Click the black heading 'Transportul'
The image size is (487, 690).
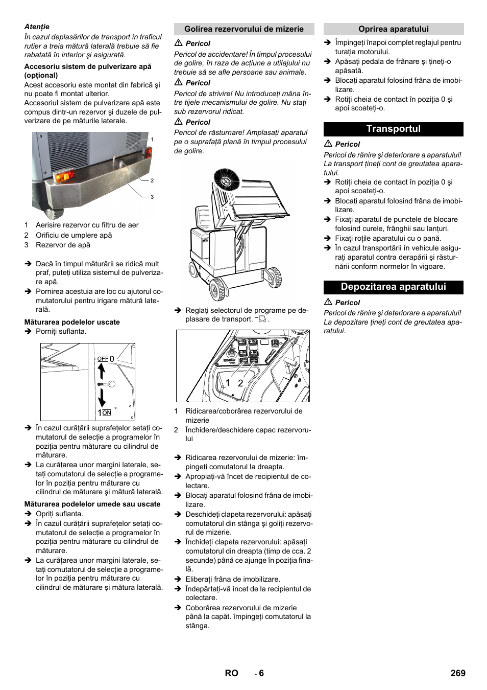point(393,129)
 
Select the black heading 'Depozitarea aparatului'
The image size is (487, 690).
point(393,287)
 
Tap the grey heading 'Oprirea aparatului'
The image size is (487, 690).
point(393,29)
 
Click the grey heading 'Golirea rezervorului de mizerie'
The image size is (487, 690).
point(243,29)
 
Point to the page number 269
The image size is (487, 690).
point(457,673)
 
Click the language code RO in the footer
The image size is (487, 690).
point(231,673)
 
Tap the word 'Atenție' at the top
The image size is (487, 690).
point(37,27)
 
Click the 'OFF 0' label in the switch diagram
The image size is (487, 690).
point(106,359)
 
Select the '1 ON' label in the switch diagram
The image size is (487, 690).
point(105,412)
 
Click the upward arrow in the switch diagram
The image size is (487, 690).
point(102,371)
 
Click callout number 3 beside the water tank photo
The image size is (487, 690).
point(152,197)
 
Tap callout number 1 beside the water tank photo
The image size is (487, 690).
point(152,140)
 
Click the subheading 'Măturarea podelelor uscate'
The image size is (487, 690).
point(72,322)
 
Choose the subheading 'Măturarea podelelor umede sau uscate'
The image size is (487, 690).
point(92,504)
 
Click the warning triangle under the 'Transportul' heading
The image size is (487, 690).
point(328,144)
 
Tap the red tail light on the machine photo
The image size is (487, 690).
point(64,177)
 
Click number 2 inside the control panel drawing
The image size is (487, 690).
point(240,383)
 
